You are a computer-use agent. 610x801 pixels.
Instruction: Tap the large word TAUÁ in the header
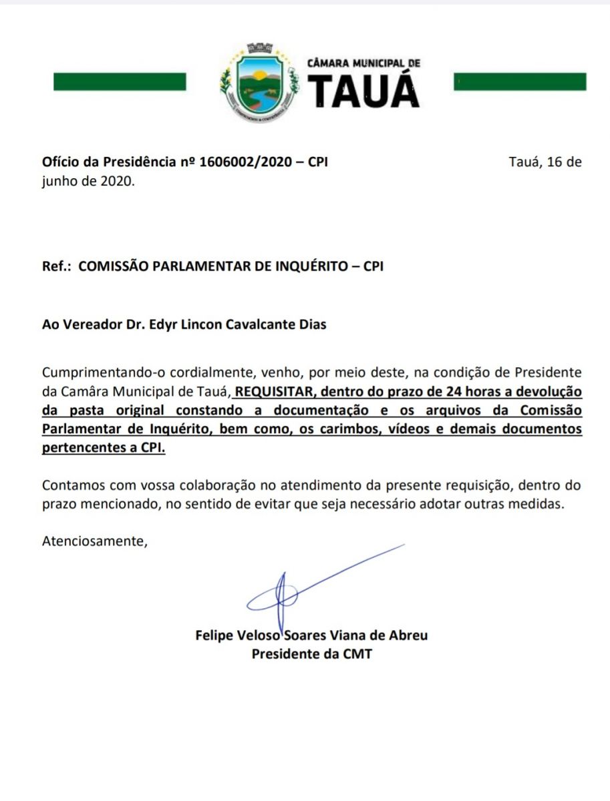click(364, 91)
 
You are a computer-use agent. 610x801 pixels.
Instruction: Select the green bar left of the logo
click(120, 81)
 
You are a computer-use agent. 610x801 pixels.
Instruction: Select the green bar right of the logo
click(520, 81)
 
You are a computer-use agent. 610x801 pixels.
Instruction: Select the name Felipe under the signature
click(214, 635)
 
